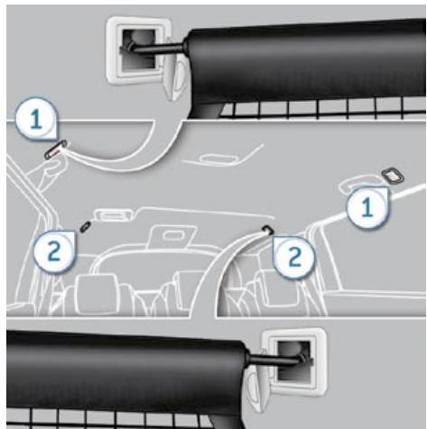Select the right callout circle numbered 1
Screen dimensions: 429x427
[367, 207]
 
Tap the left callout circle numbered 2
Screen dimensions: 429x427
[54, 250]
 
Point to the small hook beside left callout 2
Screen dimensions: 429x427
[83, 224]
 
